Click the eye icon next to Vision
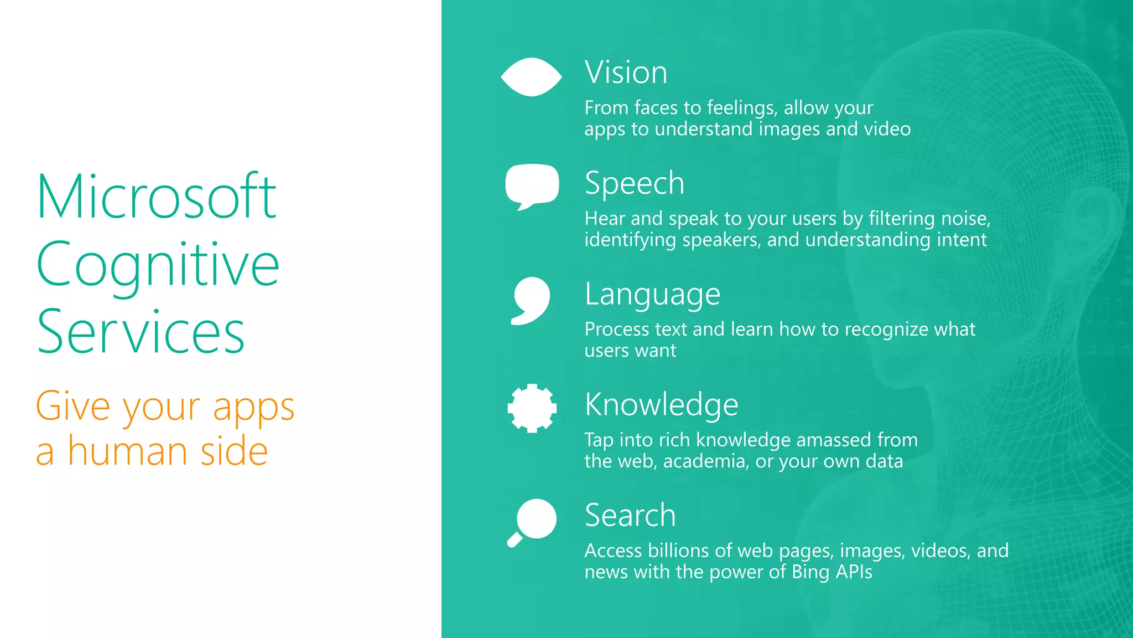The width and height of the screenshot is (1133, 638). pyautogui.click(x=531, y=77)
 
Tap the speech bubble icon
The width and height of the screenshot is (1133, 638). pyautogui.click(x=532, y=185)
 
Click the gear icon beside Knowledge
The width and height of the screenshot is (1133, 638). pyautogui.click(x=532, y=408)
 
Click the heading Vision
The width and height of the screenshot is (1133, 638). pyautogui.click(x=626, y=73)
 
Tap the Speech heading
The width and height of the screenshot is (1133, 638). pyautogui.click(x=635, y=183)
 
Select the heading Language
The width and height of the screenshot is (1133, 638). pyautogui.click(x=652, y=294)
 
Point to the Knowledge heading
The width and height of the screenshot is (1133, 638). pyautogui.click(x=661, y=404)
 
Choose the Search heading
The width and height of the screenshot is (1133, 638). pyautogui.click(x=630, y=516)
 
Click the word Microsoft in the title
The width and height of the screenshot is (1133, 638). pyautogui.click(x=157, y=197)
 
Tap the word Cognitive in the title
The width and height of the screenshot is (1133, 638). pyautogui.click(x=158, y=266)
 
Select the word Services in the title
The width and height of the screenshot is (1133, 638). pyautogui.click(x=141, y=332)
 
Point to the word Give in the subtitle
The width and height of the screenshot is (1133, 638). pyautogui.click(x=73, y=407)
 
